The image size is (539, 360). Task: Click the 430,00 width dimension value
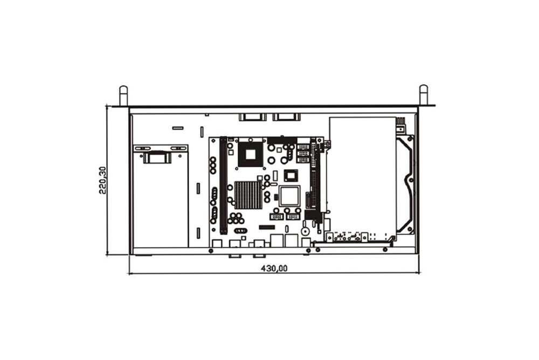click(274, 268)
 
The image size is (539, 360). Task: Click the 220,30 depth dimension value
click(102, 181)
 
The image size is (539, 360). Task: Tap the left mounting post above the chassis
click(123, 95)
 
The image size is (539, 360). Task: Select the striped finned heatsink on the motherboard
click(248, 195)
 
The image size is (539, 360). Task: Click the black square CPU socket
click(250, 154)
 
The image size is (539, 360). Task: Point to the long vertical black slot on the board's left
click(223, 186)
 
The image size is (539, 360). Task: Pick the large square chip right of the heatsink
click(289, 196)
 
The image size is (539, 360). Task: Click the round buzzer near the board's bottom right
click(305, 231)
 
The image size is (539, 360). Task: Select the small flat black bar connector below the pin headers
click(267, 227)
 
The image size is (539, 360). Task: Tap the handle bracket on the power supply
click(157, 158)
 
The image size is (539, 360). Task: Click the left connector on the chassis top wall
click(253, 117)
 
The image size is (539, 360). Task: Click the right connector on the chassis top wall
click(286, 117)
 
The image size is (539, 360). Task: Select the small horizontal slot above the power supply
click(178, 128)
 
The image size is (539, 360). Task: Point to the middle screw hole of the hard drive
click(410, 180)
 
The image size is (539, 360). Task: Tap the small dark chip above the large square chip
click(291, 175)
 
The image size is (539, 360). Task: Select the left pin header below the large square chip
click(277, 217)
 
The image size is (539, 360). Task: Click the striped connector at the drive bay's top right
click(400, 121)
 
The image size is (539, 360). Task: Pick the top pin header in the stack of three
click(302, 147)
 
